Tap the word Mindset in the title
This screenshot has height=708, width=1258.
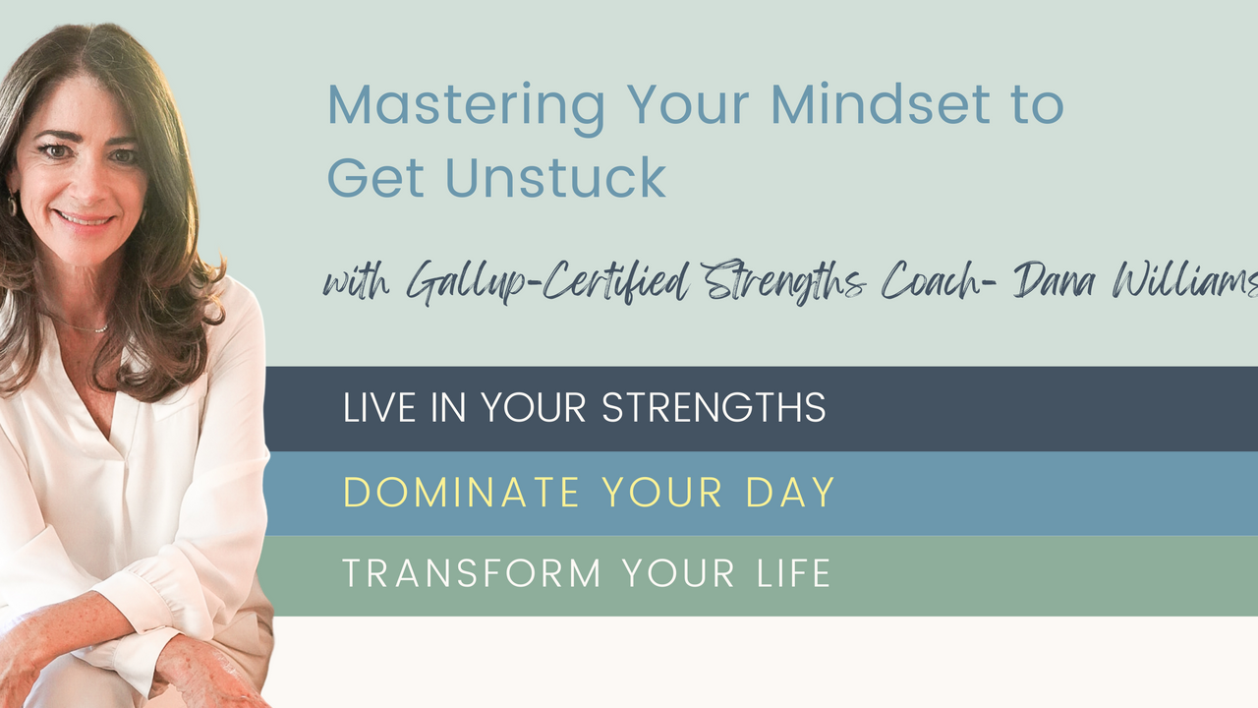(880, 105)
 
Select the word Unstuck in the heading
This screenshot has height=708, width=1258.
(555, 178)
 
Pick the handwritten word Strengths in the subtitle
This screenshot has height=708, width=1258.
(784, 281)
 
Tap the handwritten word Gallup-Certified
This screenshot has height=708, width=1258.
(547, 282)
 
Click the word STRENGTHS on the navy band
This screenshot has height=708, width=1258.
(714, 407)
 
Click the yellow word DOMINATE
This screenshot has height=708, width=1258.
(461, 493)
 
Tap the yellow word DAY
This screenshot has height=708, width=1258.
(790, 493)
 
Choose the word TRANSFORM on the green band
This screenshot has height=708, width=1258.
(472, 573)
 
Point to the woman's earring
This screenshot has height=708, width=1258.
(12, 204)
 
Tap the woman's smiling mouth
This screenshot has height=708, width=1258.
(85, 219)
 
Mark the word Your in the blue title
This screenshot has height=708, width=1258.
(688, 105)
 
